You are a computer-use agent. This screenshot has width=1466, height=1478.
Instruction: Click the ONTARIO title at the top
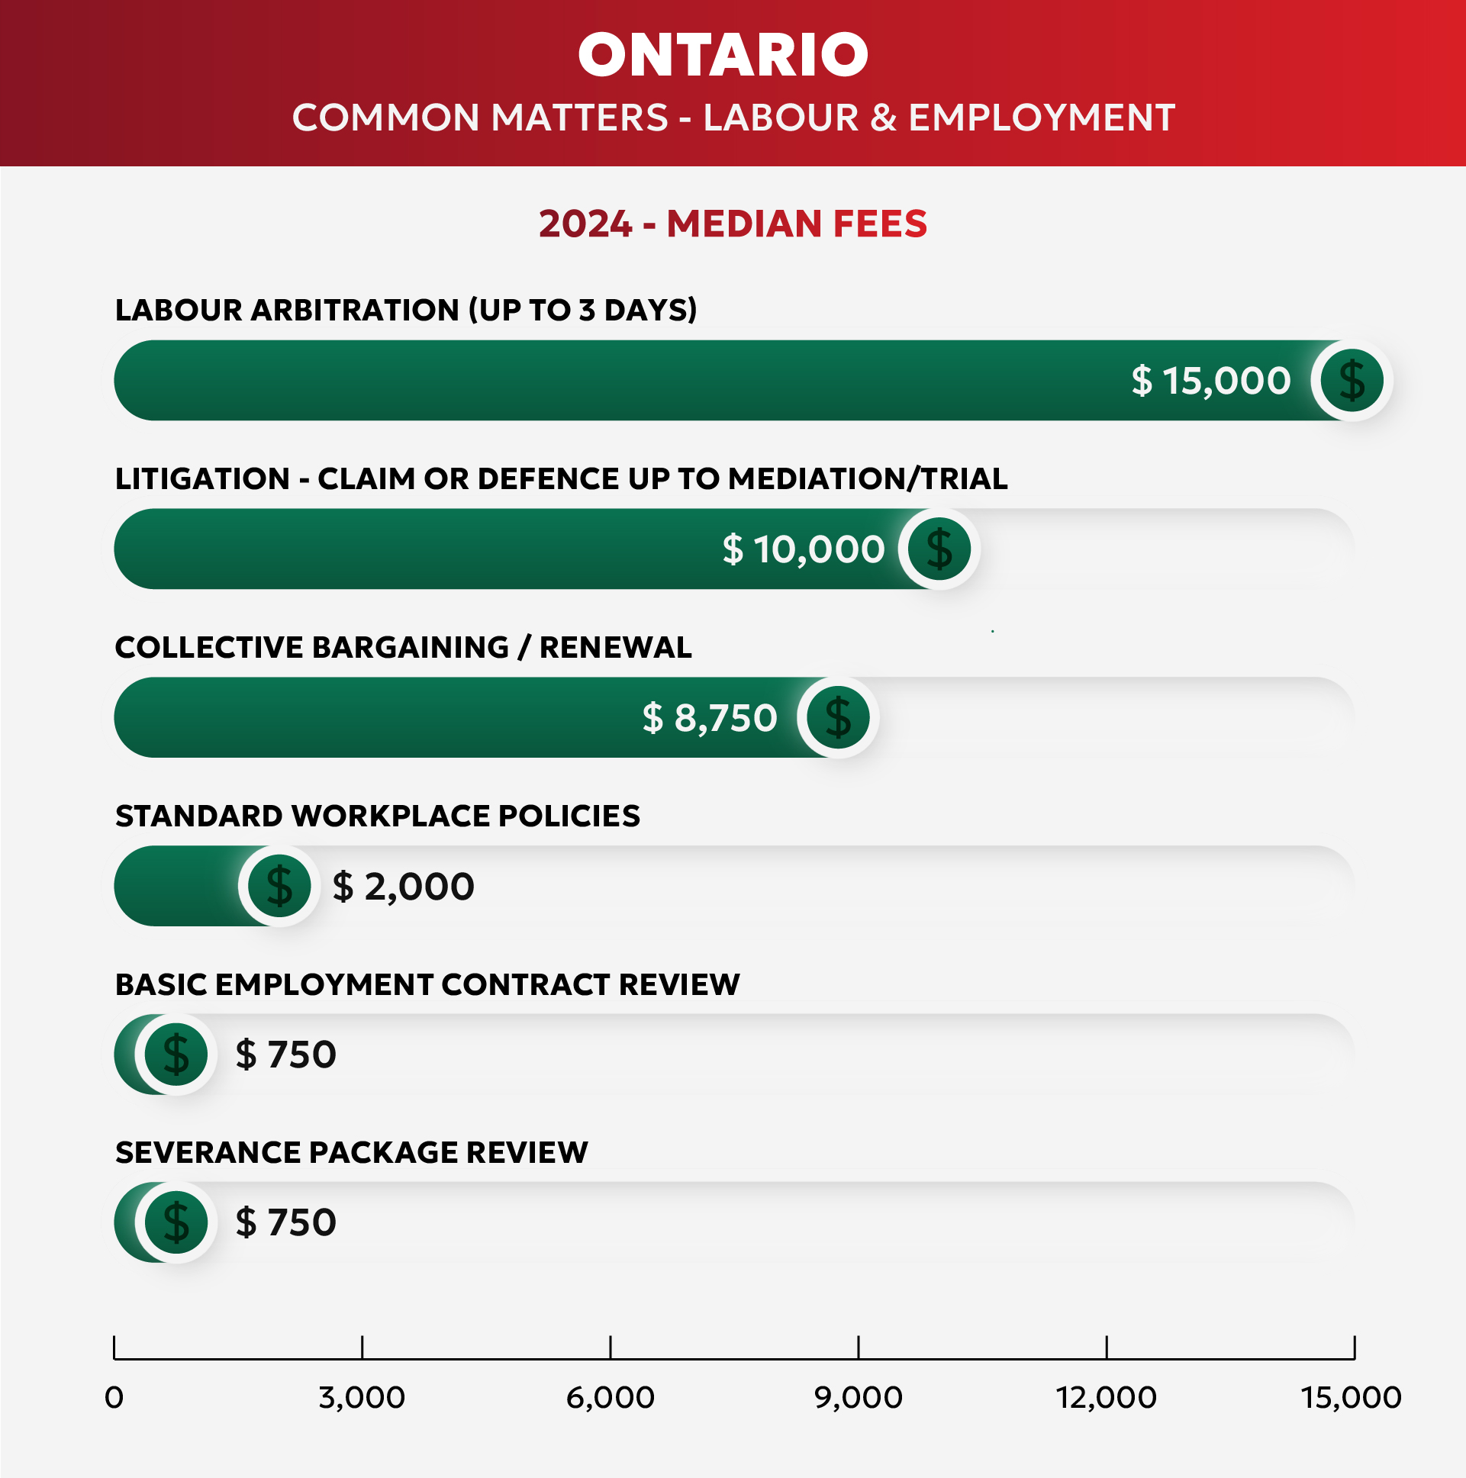(x=723, y=55)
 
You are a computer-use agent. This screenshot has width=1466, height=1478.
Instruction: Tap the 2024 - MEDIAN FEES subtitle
(x=733, y=224)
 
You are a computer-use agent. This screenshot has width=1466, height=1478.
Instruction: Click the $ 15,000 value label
(x=1211, y=380)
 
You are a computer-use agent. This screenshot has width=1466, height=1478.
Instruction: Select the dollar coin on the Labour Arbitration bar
(x=1352, y=380)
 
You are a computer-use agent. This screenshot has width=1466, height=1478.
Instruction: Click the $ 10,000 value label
(x=804, y=549)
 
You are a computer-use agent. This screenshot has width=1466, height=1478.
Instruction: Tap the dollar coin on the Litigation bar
(x=939, y=549)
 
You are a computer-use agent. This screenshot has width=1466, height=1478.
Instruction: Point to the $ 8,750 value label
(x=710, y=717)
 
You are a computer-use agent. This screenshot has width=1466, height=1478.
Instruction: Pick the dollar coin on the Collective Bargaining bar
(x=839, y=717)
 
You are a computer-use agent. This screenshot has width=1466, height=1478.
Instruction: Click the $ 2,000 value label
(x=403, y=886)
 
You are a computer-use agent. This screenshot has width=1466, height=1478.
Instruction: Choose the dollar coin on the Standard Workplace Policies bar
(x=279, y=886)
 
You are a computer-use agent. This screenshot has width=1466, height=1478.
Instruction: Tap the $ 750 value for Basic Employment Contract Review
(x=285, y=1055)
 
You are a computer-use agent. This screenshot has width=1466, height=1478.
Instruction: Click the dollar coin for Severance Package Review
(x=176, y=1222)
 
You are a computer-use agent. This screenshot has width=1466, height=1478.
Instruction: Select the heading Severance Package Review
(x=351, y=1152)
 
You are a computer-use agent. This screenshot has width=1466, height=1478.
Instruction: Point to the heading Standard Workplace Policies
(x=377, y=816)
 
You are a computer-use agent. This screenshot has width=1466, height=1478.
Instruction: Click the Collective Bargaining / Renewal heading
(x=403, y=647)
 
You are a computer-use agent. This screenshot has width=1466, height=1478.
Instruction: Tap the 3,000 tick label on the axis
(x=362, y=1398)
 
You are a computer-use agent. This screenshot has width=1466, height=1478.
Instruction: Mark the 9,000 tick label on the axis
(x=859, y=1398)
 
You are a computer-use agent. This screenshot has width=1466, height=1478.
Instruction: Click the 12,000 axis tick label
(x=1107, y=1398)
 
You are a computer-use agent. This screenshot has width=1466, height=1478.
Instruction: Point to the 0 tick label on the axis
(x=114, y=1398)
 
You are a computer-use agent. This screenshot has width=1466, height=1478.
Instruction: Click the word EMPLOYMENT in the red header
(x=1042, y=118)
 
